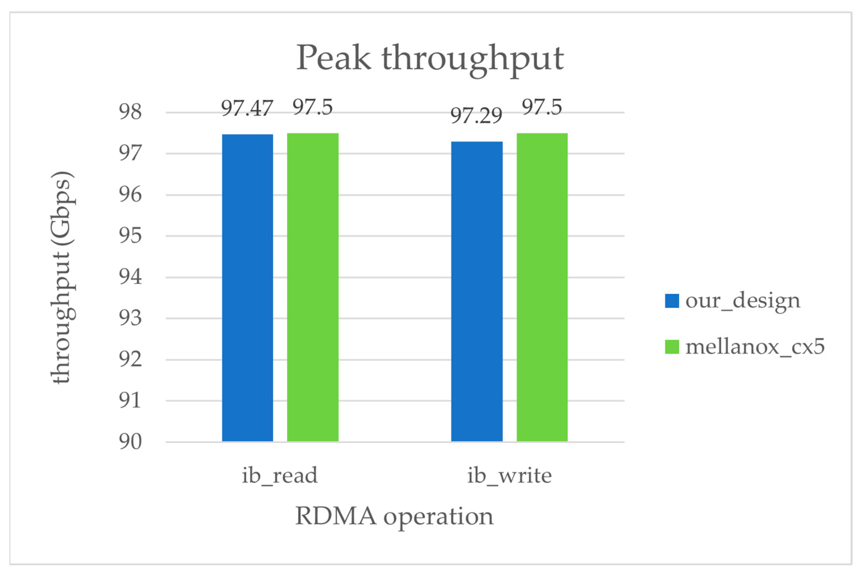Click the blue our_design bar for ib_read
click(x=247, y=288)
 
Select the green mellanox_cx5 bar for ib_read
click(x=312, y=287)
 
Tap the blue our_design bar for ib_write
click(x=477, y=291)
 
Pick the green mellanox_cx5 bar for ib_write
click(x=542, y=287)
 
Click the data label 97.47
click(x=247, y=108)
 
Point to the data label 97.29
click(x=476, y=116)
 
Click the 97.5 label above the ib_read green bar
click(x=312, y=107)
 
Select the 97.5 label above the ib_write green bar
click(x=542, y=107)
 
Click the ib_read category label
click(x=280, y=475)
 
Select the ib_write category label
click(x=509, y=475)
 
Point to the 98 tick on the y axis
click(x=130, y=112)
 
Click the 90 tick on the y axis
click(x=130, y=442)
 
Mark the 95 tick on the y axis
click(x=130, y=235)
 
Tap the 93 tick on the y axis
click(x=130, y=318)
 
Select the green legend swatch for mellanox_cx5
click(x=672, y=347)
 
